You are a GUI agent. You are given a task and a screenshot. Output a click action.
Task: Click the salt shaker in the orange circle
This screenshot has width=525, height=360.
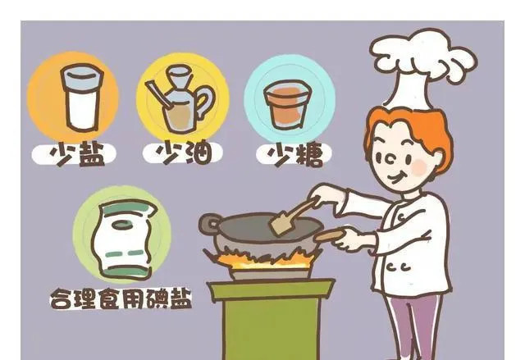82,97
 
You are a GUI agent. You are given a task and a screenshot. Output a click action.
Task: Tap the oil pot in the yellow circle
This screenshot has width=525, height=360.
180,100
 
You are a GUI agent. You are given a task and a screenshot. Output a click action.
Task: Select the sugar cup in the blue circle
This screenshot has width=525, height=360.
288,104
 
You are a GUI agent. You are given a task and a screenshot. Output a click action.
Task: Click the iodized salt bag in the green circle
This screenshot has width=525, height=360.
123,239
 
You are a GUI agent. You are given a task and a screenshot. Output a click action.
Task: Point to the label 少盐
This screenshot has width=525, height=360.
77,154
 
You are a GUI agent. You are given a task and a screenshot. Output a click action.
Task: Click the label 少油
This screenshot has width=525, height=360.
184,153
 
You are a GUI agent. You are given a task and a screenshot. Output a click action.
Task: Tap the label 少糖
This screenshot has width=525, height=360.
294,154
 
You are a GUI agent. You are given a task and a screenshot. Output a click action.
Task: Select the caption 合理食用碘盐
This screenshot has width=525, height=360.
121,298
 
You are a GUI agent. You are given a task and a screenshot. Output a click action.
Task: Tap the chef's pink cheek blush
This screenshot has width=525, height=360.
419,166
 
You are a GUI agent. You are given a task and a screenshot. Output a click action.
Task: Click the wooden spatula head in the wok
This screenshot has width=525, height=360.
282,224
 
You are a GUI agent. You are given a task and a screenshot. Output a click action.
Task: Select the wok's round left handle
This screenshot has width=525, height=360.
209,224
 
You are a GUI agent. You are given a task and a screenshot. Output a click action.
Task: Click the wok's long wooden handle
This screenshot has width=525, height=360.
330,235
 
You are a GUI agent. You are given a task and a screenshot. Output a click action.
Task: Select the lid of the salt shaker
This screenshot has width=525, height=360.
82,77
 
